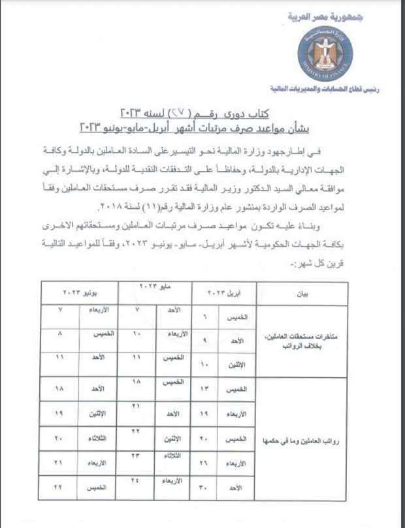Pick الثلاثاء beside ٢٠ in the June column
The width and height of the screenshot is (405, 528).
coord(99,439)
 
